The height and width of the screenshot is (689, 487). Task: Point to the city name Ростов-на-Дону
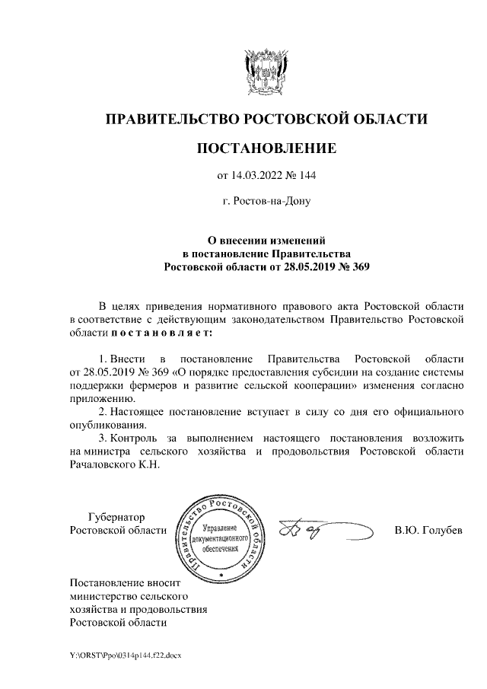pos(272,202)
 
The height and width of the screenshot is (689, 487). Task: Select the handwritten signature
pos(323,529)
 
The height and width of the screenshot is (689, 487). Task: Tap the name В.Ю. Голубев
pos(428,530)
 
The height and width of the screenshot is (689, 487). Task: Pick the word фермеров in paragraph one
pos(147,384)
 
